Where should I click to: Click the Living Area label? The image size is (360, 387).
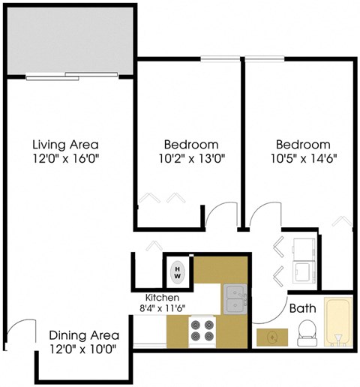(x=66, y=144)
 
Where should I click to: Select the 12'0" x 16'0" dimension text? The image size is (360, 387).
(x=66, y=158)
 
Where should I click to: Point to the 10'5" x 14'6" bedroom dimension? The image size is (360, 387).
(x=302, y=158)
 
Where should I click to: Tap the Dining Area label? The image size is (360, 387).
(x=82, y=336)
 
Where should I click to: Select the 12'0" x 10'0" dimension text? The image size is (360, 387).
(x=82, y=349)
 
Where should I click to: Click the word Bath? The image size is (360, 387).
(x=302, y=308)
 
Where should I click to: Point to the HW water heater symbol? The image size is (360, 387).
(x=178, y=270)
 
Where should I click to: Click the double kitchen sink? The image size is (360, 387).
(x=235, y=299)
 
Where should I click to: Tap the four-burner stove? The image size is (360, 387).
(x=202, y=331)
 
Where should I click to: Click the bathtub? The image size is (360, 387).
(x=338, y=322)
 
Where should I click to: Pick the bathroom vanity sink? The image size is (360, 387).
(x=270, y=338)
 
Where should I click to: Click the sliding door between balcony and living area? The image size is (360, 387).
(x=72, y=75)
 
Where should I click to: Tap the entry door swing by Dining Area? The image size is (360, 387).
(x=21, y=334)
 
